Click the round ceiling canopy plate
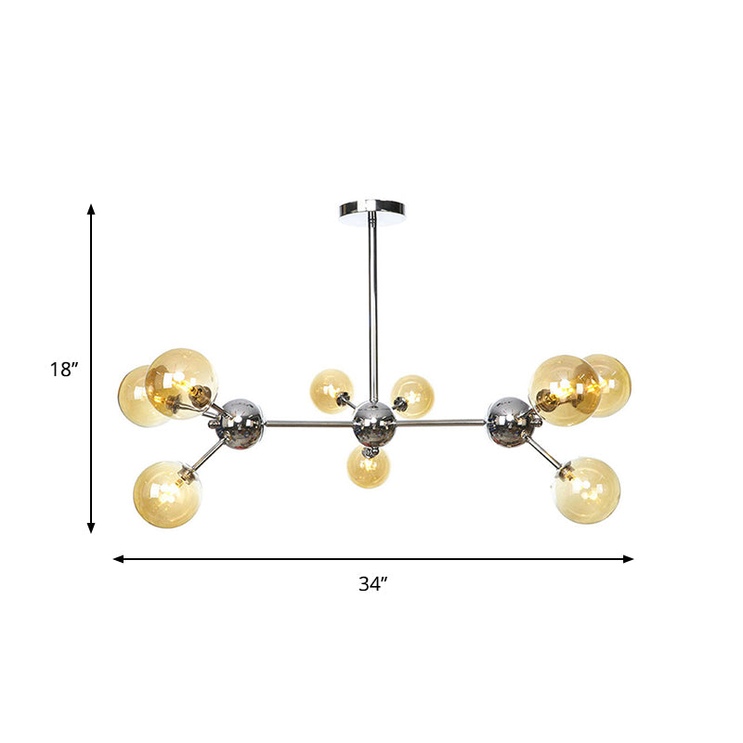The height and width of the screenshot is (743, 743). tap(371, 209)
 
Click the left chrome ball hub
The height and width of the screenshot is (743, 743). tap(241, 420)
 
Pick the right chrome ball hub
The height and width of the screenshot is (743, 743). tap(509, 419)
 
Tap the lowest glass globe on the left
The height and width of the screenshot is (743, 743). tap(167, 494)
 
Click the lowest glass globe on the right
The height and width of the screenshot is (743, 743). tap(587, 489)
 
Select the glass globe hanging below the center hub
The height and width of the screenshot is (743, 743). tap(369, 467)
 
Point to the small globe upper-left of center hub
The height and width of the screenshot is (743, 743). tap(332, 391)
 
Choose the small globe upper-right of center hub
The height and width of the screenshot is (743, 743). tap(412, 397)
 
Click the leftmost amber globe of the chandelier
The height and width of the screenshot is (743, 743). tap(139, 397)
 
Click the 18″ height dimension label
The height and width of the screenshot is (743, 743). tap(64, 370)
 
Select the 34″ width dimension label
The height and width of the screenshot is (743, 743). tap(372, 584)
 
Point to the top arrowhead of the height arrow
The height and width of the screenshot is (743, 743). tap(91, 210)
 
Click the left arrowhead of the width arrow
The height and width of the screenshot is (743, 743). tap(118, 559)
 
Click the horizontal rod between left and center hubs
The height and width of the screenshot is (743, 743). tap(306, 424)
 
